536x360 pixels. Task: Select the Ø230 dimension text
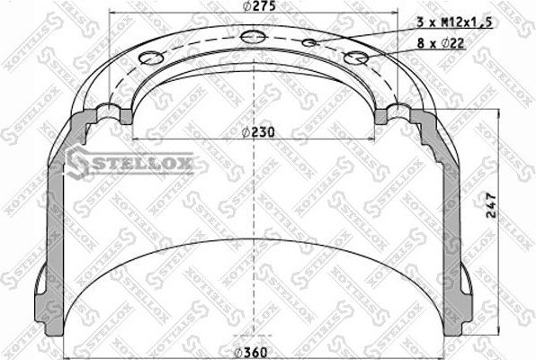[259, 131]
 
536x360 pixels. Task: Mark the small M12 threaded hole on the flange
[309, 42]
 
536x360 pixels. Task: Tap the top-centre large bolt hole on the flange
[253, 37]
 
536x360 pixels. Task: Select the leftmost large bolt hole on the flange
[149, 58]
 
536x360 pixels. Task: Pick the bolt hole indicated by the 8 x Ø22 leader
[356, 58]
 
